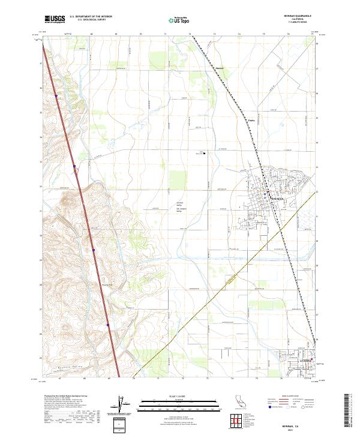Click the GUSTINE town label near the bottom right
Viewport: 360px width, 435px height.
(x=305, y=361)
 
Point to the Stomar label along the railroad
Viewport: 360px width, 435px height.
(x=220, y=67)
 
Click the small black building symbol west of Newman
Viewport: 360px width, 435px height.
(x=205, y=153)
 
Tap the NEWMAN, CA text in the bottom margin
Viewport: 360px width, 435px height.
(x=292, y=421)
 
